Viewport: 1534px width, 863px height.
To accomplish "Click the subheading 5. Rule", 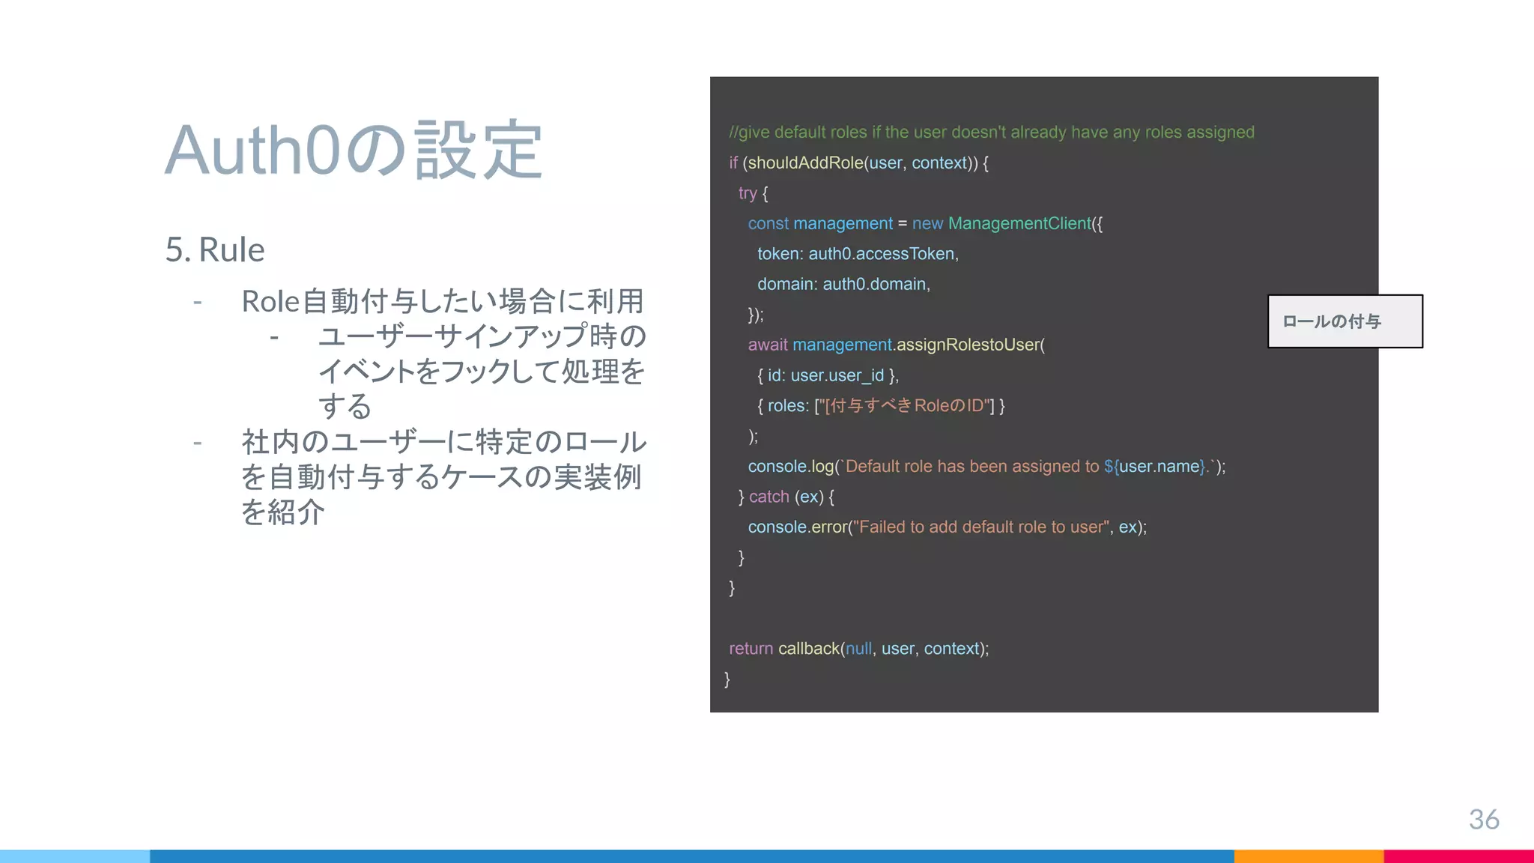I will point(215,249).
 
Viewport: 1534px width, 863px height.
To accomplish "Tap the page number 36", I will point(1483,819).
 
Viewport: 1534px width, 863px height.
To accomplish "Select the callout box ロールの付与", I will point(1344,321).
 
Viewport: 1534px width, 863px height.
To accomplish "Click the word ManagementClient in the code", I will point(1019,223).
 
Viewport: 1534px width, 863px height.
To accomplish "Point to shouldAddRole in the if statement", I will point(805,163).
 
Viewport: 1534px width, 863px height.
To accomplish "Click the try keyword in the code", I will point(747,193).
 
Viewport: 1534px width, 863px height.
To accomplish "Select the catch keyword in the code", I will point(768,497).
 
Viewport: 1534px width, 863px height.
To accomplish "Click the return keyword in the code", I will point(751,649).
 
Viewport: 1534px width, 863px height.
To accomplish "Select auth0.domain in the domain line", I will point(874,284).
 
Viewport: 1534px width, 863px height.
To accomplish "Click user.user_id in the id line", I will point(837,375).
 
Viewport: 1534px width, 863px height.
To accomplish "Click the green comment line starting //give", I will point(991,133).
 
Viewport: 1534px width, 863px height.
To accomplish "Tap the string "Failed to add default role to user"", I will point(981,527).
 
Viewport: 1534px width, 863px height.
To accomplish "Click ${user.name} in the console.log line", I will point(1155,467).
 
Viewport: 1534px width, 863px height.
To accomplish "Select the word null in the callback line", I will point(858,649).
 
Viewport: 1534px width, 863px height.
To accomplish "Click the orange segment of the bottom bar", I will point(1308,856).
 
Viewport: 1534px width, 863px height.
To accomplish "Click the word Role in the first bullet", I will point(270,302).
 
